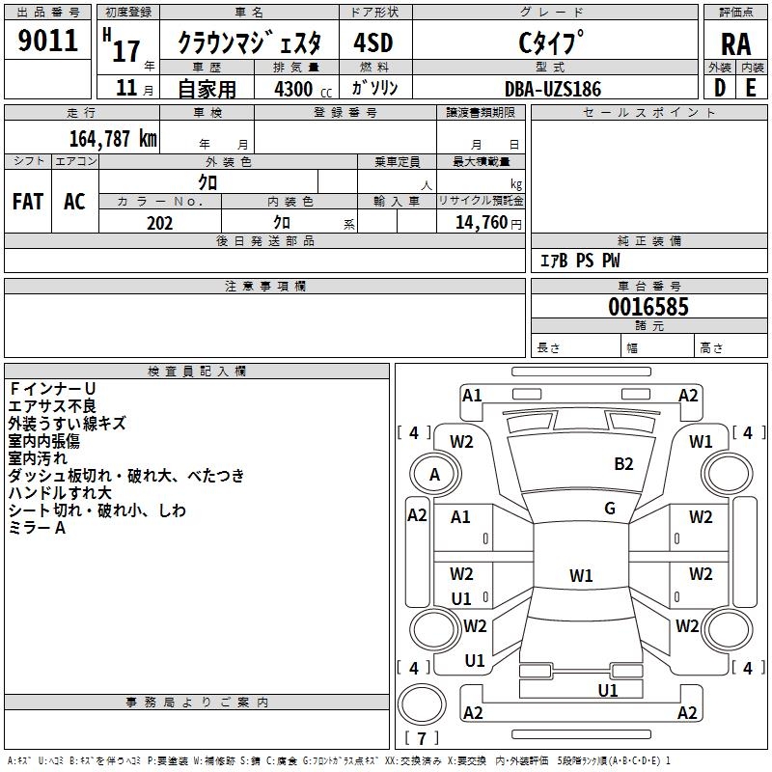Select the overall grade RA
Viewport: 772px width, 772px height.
point(735,44)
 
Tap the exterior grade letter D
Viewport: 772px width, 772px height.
point(719,87)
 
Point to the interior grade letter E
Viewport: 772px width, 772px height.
point(751,87)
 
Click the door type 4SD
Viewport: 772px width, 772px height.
point(374,42)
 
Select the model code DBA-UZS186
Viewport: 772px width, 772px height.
point(553,89)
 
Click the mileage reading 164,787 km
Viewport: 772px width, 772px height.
point(112,138)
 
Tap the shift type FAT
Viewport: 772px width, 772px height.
point(28,201)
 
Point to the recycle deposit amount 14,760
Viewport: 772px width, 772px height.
point(481,223)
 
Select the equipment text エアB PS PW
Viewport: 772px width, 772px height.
point(579,261)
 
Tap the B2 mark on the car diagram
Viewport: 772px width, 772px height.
point(623,464)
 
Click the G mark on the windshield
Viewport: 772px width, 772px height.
point(610,509)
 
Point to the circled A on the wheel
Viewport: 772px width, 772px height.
point(434,475)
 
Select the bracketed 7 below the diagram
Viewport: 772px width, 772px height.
point(422,738)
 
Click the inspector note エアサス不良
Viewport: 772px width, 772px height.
point(52,406)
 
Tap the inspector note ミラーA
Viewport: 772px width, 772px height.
point(37,528)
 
